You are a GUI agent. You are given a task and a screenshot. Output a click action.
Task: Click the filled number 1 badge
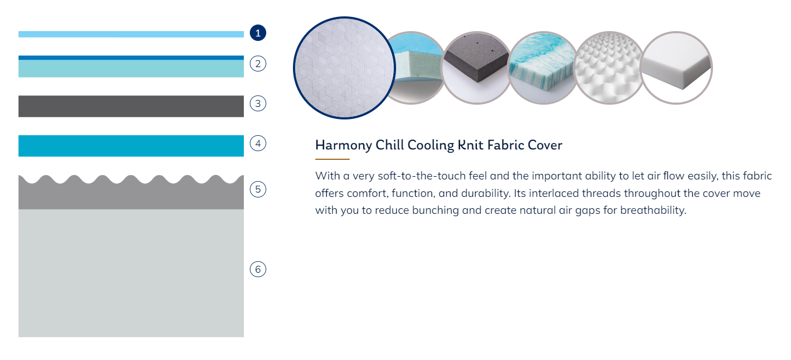pos(258,33)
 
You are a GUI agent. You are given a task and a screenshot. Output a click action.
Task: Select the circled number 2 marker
pos(258,64)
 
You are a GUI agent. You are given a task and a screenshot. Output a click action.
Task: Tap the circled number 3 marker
pos(258,104)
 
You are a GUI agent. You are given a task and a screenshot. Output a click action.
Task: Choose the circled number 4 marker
pos(258,143)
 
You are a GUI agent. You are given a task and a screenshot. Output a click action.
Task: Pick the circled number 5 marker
pos(258,189)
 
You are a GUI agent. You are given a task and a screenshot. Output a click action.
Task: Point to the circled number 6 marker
pos(258,269)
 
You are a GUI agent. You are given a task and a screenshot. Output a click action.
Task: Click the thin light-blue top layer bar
pos(131,34)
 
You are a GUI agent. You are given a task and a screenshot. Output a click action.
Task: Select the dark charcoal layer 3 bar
pos(131,106)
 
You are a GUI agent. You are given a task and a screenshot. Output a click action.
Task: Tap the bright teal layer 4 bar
pos(131,146)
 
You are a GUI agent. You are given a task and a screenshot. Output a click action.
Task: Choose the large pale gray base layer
pos(131,273)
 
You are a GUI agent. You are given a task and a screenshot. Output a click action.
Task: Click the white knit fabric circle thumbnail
pos(344,68)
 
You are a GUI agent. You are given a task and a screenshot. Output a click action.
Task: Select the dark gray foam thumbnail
pos(477,68)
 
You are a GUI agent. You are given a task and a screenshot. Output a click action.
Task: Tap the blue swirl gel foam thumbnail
pos(543,68)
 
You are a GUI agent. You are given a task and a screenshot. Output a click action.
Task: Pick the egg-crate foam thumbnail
pos(609,68)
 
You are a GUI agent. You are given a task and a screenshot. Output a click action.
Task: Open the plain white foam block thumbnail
pos(676,68)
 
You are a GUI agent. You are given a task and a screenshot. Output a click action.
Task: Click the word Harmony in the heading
pos(344,146)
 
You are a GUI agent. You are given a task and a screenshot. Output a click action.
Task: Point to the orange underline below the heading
pos(332,159)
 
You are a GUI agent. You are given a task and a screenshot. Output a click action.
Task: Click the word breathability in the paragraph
pos(653,211)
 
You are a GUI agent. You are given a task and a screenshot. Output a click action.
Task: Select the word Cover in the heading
pos(545,145)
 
